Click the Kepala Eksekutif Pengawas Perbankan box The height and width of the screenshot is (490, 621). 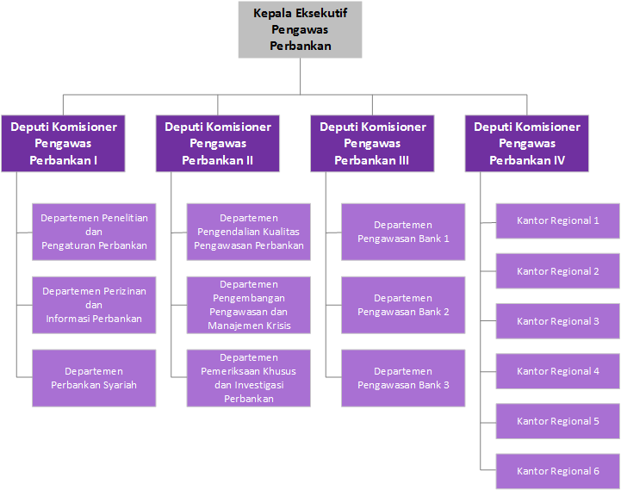300,29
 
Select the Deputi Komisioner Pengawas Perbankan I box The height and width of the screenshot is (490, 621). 64,143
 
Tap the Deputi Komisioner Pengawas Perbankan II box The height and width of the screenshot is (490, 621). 218,143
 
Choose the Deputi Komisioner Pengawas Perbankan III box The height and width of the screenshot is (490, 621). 372,143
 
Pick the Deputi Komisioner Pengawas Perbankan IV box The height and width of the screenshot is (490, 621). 527,143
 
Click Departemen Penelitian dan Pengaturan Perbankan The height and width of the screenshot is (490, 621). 94,232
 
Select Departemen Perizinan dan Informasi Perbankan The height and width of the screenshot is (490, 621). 94,305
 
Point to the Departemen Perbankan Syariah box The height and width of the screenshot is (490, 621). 94,378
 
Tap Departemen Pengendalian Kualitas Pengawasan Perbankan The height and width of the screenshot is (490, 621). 249,232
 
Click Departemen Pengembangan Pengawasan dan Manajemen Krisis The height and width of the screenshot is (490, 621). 249,305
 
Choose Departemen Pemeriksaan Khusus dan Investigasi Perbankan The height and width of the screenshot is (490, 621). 249,378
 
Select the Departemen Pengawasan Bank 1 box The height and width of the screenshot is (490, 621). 403,232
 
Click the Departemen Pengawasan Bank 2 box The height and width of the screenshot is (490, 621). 403,305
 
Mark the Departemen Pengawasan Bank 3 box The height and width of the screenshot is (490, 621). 403,378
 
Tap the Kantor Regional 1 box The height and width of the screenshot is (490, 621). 558,220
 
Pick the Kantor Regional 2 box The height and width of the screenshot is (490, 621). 558,271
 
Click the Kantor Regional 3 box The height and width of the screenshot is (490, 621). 558,321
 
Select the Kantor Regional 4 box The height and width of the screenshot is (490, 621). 558,371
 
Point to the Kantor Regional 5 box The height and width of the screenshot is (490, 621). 558,421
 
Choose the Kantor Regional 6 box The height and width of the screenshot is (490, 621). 558,471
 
